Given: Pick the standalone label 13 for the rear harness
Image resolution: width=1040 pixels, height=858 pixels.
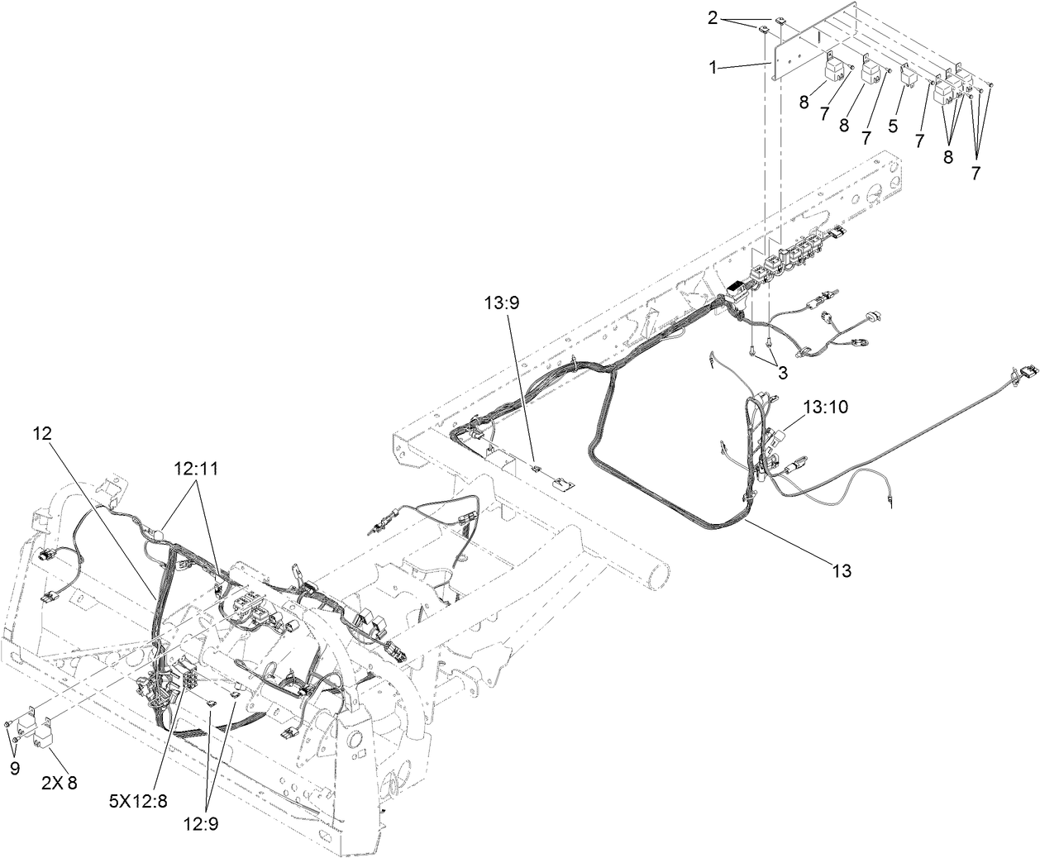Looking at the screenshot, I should coord(842,570).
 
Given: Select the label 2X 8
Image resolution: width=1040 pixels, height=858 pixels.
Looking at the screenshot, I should coord(59,782).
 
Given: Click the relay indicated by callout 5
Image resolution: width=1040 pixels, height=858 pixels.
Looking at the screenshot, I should coord(908,76).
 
